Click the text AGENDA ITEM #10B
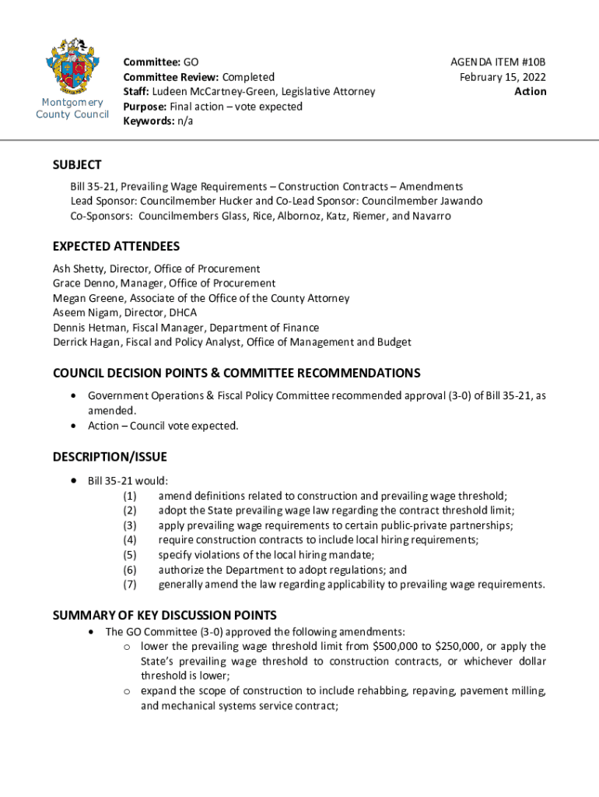(499, 61)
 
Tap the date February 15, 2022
(503, 76)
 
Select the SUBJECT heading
(77, 165)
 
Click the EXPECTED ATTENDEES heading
(116, 247)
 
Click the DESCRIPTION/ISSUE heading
(110, 457)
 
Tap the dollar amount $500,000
(396, 646)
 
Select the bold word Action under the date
(531, 91)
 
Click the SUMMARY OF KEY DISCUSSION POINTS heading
(164, 616)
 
